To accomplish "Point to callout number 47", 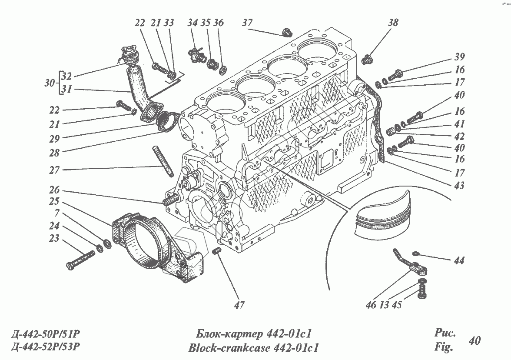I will pos(238,305).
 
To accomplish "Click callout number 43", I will pos(459,186).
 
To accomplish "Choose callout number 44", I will pos(459,261).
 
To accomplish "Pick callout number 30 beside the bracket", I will pos(50,83).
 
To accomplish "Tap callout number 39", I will pos(460,57).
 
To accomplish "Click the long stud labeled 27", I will pos(163,161).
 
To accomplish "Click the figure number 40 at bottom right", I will pos(474,340).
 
